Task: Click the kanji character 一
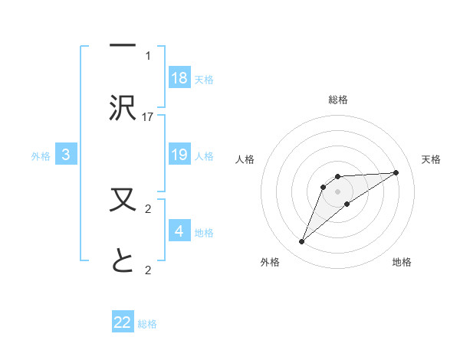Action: [123, 48]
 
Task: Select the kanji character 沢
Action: [123, 108]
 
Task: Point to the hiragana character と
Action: [123, 262]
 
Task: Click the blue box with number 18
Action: [179, 78]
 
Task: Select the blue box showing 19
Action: [179, 155]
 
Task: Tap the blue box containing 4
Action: [179, 231]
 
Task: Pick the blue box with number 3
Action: [66, 155]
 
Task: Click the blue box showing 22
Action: [123, 322]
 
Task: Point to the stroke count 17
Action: [148, 116]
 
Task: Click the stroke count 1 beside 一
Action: [148, 55]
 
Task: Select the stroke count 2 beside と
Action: [148, 270]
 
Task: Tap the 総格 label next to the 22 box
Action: [148, 324]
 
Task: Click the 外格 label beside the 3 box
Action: [41, 155]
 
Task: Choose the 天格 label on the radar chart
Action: [432, 159]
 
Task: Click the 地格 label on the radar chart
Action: [402, 262]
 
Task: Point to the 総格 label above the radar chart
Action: [337, 100]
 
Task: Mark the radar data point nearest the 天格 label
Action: [396, 172]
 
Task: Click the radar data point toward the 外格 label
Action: [301, 242]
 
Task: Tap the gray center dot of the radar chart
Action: [337, 191]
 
